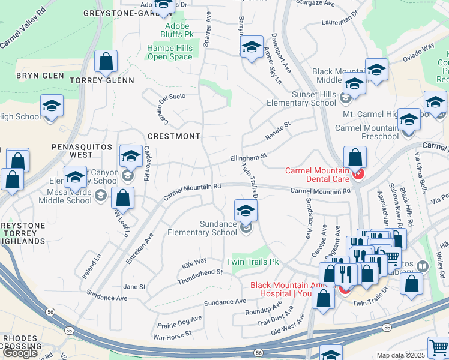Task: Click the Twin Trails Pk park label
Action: pos(253,262)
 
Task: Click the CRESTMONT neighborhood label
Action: pos(173,136)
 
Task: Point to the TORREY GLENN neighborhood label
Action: pos(101,80)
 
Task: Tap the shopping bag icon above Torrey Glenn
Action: pos(106,62)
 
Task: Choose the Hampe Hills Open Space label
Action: pos(170,53)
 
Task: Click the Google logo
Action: pos(20,352)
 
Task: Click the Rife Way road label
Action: pos(194,262)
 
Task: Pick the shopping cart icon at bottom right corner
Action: pos(439,349)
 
